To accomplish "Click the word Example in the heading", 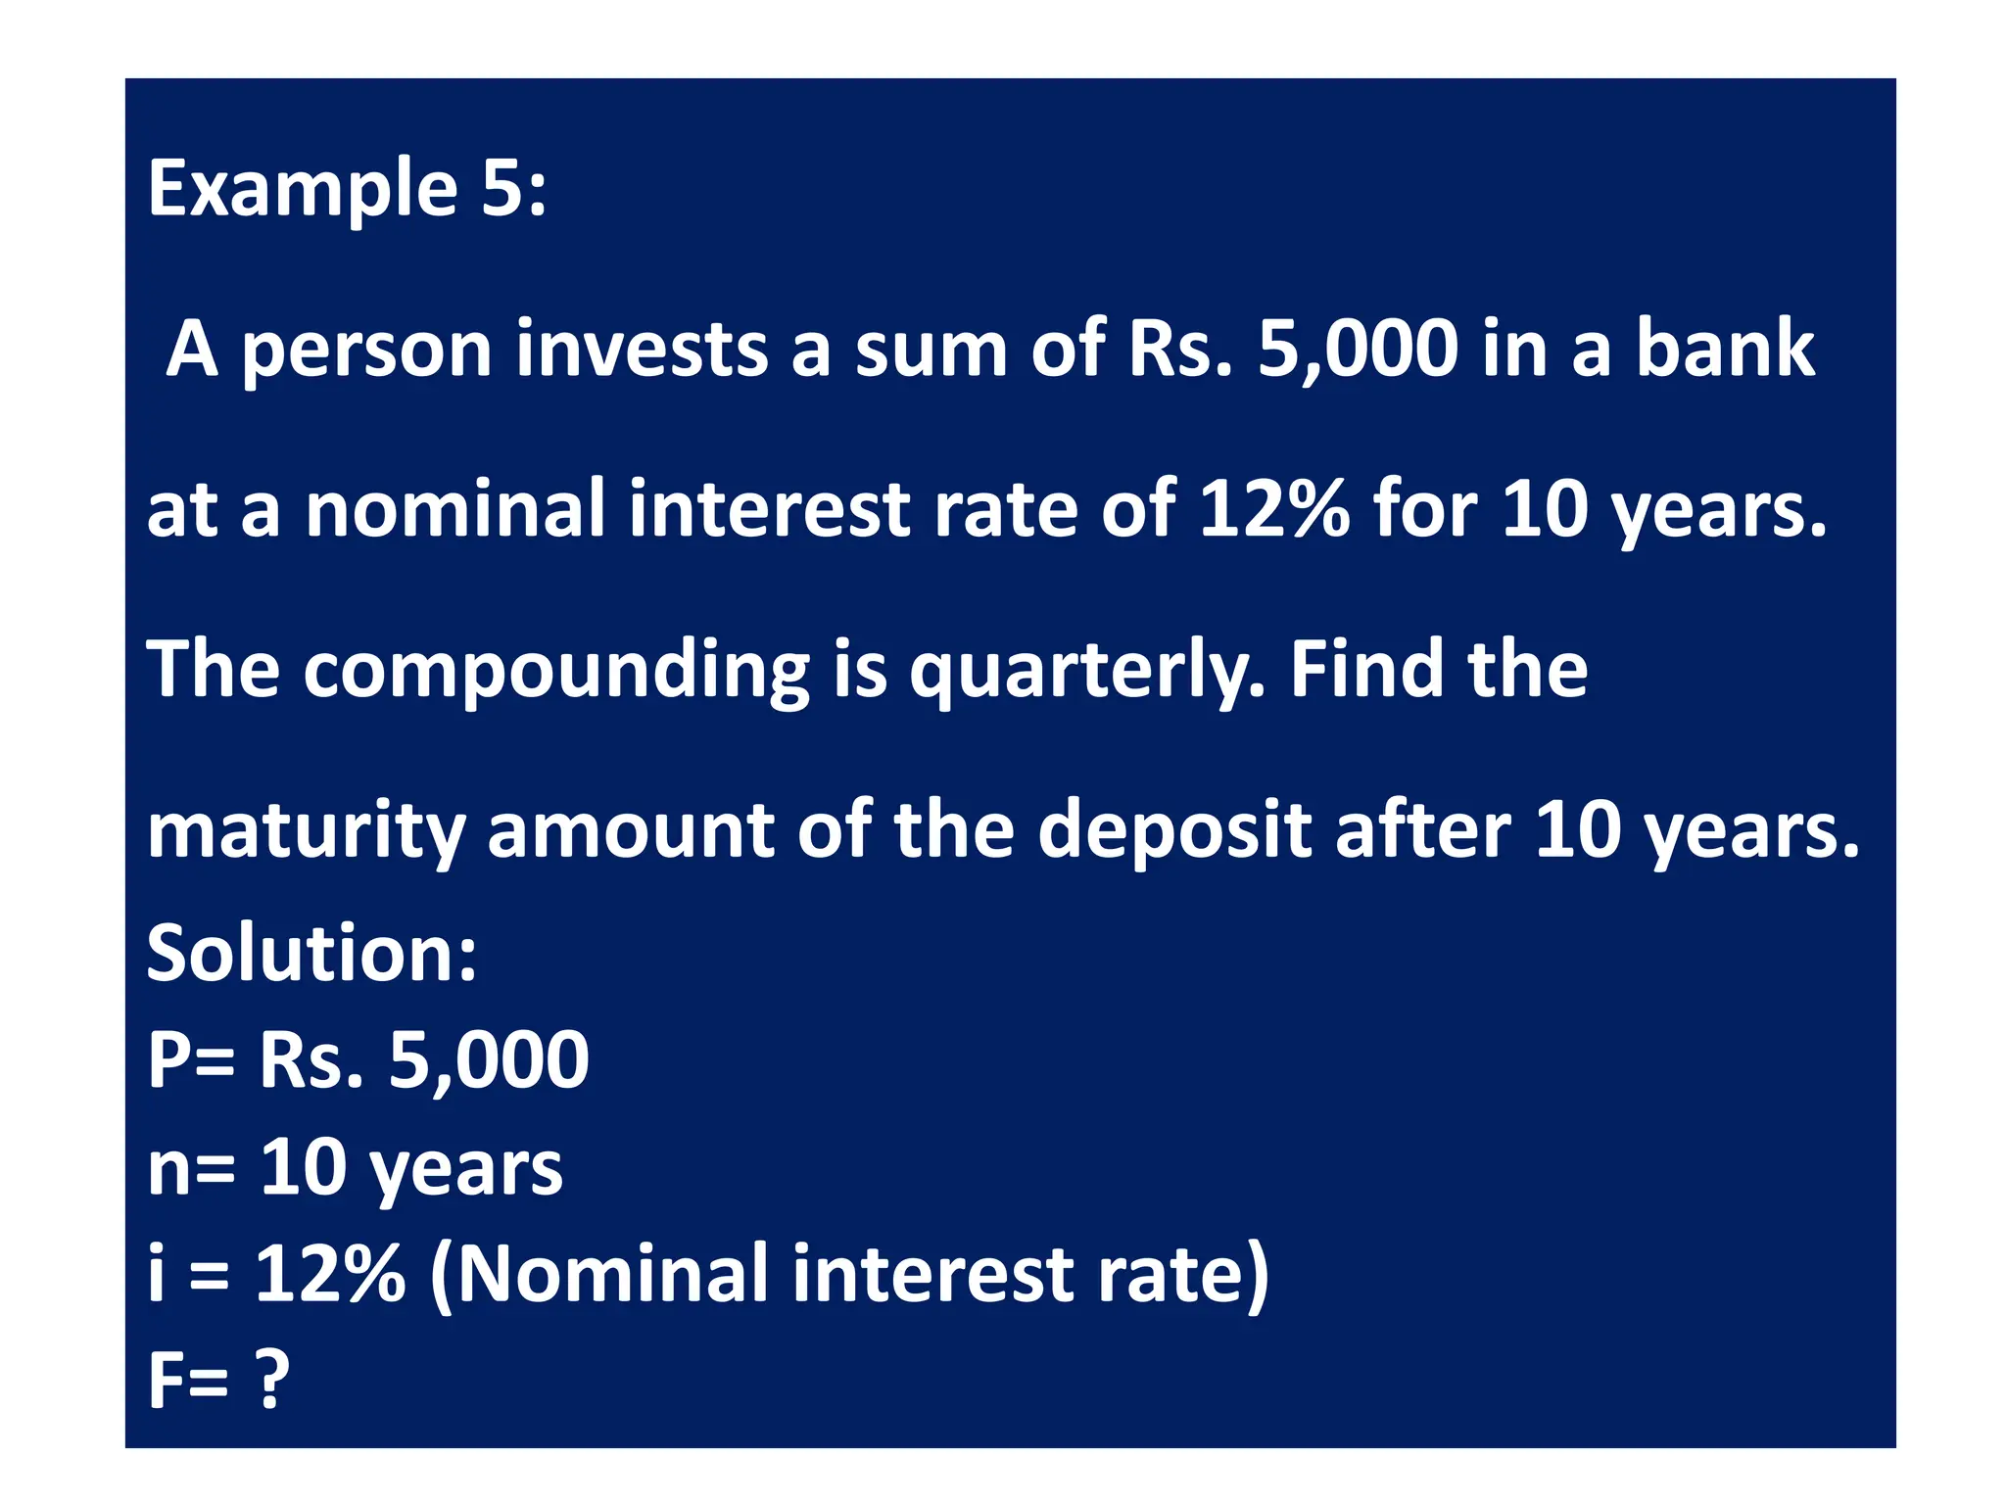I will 302,191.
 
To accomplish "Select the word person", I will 366,352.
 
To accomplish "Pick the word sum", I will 931,352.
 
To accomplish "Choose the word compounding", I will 555,672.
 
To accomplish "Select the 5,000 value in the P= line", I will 489,1061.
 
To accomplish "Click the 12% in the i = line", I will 329,1274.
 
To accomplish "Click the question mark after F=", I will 272,1379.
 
